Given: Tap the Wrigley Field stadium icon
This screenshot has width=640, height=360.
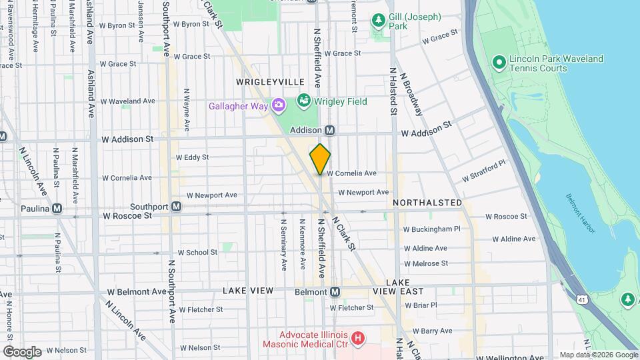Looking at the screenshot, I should pos(304,101).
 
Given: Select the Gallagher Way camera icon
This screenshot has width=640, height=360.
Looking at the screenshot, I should pos(278,105).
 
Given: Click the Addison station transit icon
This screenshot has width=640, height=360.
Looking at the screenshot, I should pos(329,130).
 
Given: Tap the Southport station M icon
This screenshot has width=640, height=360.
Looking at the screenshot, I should pos(176,207).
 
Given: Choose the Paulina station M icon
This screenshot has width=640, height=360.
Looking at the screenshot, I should pos(58,208).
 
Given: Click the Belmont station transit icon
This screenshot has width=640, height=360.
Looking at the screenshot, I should pos(335,292).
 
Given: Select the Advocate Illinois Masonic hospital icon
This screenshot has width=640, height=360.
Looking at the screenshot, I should pos(359,338).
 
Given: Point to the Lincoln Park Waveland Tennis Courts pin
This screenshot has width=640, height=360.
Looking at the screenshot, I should pos(498,63).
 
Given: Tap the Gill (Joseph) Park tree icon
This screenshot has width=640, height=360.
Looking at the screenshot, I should pos(378,21).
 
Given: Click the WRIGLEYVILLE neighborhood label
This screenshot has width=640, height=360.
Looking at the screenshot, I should pos(269,81).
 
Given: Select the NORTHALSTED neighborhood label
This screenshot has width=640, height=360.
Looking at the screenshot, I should pos(427,202).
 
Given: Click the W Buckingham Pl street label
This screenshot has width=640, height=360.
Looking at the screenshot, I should pos(432,229).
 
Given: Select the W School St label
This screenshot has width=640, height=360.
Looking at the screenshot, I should pos(197,253).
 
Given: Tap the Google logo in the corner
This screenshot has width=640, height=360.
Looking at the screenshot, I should pos(22,351).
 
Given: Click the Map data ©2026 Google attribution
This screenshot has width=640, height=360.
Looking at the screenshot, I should pos(598,355).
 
